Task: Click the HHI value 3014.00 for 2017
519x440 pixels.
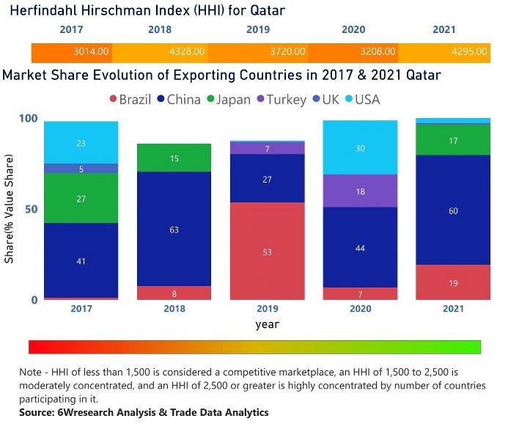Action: [x=92, y=52]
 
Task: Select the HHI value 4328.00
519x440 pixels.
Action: [x=187, y=52]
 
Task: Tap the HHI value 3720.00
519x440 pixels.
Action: [x=282, y=52]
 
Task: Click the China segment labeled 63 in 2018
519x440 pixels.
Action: [x=174, y=229]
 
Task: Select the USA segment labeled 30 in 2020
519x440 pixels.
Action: [x=361, y=147]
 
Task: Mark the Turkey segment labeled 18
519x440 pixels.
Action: [x=361, y=191]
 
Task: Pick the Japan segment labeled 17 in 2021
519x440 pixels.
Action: [x=454, y=139]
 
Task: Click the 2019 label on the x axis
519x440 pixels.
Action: [x=268, y=309]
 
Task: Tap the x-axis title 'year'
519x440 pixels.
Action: [x=267, y=323]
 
